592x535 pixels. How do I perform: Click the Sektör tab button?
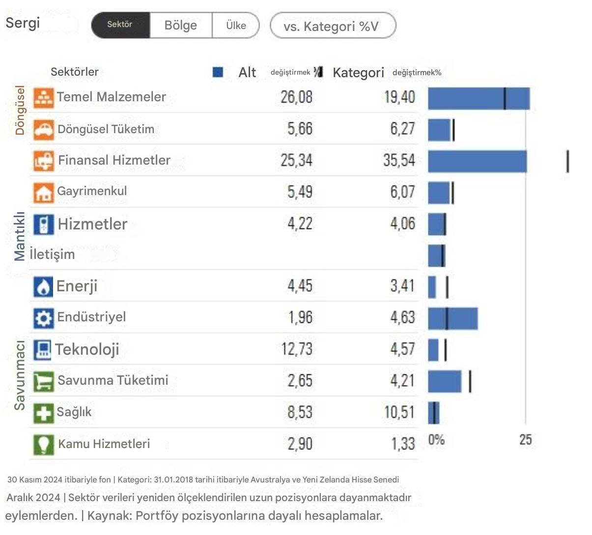[x=120, y=25]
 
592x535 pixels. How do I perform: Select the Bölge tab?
[x=181, y=26]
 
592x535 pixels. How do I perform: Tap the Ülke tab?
[x=236, y=26]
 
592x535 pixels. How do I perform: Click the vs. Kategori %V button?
[x=333, y=26]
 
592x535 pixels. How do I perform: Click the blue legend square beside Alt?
[x=218, y=72]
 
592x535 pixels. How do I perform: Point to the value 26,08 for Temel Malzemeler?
[x=296, y=97]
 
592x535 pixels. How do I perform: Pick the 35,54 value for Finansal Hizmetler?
[x=399, y=160]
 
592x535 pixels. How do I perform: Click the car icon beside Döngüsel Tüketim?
[x=43, y=129]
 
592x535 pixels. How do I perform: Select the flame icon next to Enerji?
[x=43, y=287]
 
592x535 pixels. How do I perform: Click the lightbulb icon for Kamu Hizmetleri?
[x=43, y=444]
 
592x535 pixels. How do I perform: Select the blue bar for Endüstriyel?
[x=452, y=319]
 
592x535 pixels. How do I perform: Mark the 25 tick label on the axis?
[x=525, y=439]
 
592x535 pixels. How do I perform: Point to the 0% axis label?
[x=436, y=439]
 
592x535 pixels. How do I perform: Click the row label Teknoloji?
[x=87, y=349]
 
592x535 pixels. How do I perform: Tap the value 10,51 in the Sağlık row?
[x=399, y=412]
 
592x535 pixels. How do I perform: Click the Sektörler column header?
[x=75, y=72]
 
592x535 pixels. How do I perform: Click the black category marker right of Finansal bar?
[x=568, y=162]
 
